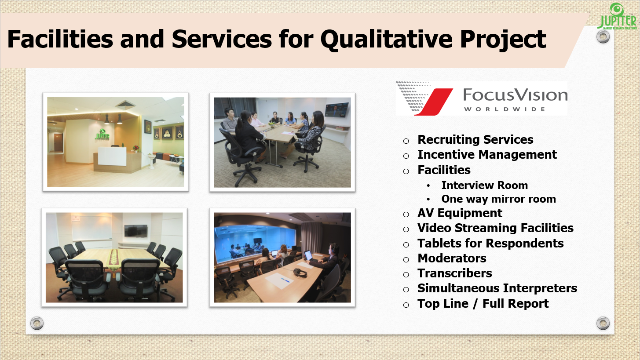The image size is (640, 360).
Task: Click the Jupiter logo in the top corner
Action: tap(617, 16)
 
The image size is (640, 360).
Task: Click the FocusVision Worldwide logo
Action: tap(481, 98)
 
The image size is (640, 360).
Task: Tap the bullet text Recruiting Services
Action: tap(475, 140)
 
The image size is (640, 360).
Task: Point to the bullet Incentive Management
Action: tap(487, 155)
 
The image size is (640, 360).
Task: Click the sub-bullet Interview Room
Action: tap(485, 185)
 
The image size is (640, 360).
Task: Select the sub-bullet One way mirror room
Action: tap(498, 199)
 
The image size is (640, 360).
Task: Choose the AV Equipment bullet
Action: tap(460, 213)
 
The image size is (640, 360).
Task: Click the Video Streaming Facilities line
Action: tap(495, 228)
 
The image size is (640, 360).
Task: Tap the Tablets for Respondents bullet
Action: tap(490, 244)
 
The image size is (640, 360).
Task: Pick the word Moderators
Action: tap(452, 258)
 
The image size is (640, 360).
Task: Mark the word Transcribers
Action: tap(454, 273)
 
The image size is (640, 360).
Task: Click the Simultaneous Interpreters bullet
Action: tap(497, 288)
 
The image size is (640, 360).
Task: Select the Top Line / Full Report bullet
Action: tap(483, 304)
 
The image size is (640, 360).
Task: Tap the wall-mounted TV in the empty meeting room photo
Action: tap(136, 231)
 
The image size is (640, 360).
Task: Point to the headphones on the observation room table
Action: tap(300, 273)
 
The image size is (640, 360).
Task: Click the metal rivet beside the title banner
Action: tap(603, 36)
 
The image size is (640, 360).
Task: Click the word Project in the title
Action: tap(503, 40)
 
